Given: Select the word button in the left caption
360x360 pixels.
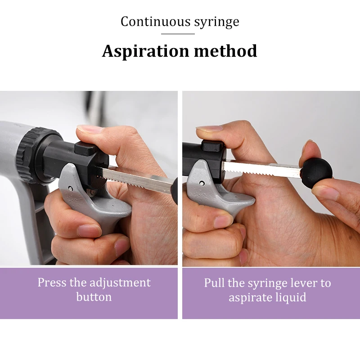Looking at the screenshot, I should tap(94, 297).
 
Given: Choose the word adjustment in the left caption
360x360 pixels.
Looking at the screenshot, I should tap(120, 283).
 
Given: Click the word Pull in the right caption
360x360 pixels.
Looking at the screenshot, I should tap(214, 283).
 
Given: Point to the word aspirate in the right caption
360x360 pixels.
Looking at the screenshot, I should tap(249, 297).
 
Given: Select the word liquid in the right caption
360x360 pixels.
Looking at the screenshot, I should tap(291, 297).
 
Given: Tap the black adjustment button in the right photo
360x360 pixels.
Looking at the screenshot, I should tap(212, 146).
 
